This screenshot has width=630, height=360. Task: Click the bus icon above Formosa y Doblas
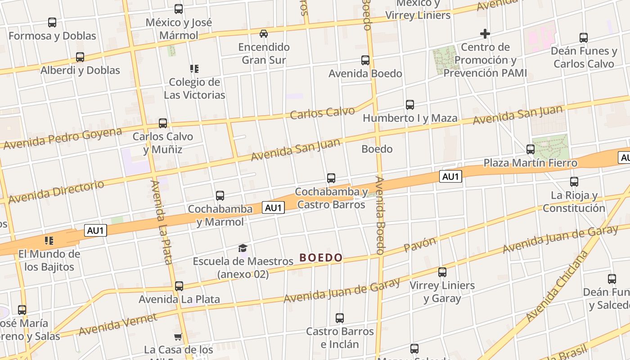52,22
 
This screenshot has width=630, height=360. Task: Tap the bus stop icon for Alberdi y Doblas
80,57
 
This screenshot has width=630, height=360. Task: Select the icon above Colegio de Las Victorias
194,69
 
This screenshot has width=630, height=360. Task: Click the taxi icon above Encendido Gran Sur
264,34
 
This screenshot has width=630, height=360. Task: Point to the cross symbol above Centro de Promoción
485,34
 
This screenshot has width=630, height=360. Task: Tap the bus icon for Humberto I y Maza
410,105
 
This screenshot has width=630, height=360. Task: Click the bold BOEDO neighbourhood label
321,258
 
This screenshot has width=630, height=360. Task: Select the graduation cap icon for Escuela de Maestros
243,248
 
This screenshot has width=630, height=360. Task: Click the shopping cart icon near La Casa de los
178,337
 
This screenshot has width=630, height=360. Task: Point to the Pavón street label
420,244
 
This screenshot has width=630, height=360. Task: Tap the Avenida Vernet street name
118,324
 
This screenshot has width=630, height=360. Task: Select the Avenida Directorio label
56,191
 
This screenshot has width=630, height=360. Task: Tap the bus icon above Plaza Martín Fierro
531,149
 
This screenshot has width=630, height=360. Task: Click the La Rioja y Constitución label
574,202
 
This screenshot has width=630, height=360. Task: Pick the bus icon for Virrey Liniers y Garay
442,272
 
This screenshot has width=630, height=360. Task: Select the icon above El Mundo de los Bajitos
49,241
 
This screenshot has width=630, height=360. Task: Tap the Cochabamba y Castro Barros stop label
331,198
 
